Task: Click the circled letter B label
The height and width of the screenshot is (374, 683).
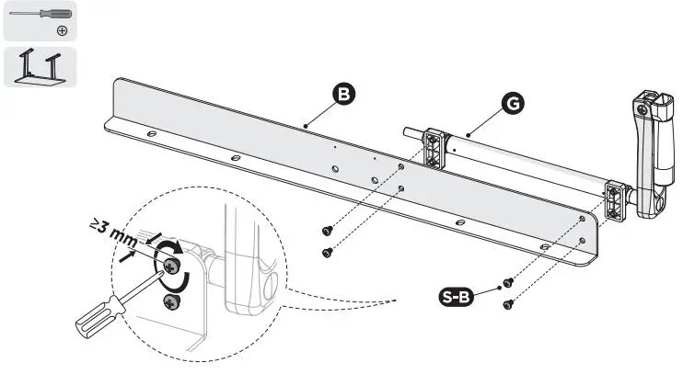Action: pyautogui.click(x=341, y=95)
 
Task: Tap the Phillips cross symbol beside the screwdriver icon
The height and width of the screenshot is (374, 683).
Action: pyautogui.click(x=62, y=29)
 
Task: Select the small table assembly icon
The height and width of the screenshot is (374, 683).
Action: pyautogui.click(x=40, y=67)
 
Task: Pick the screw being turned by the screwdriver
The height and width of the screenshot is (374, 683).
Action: pyautogui.click(x=171, y=266)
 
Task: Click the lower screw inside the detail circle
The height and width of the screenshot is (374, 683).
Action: pyautogui.click(x=171, y=301)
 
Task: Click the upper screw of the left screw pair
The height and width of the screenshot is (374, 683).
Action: pyautogui.click(x=327, y=231)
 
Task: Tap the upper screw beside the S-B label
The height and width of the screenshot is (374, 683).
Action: pyautogui.click(x=506, y=283)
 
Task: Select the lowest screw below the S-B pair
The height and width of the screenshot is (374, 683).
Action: pyautogui.click(x=506, y=304)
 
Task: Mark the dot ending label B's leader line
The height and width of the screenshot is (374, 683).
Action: pyautogui.click(x=303, y=125)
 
